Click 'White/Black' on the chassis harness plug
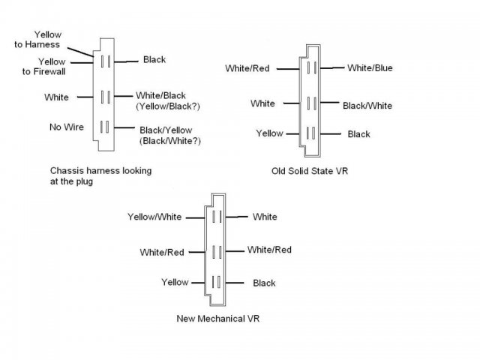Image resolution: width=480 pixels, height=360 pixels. [161, 96]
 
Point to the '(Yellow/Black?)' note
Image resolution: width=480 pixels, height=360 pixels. [166, 107]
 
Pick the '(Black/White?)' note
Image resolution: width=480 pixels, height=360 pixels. [170, 141]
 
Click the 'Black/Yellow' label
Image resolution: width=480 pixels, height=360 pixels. [166, 130]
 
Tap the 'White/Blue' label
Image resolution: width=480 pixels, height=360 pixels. [370, 68]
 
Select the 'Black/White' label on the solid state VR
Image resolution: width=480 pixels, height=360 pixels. [367, 106]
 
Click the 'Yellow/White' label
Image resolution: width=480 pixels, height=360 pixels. [154, 217]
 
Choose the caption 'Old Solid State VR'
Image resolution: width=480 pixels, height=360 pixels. [310, 171]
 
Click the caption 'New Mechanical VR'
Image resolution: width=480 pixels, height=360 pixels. [218, 318]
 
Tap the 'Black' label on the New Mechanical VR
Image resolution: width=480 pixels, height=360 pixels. [264, 283]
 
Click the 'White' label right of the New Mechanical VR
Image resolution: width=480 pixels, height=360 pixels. [265, 217]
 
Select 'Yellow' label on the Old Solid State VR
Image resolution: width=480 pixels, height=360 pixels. [269, 133]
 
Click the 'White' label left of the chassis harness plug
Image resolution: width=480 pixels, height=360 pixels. [57, 97]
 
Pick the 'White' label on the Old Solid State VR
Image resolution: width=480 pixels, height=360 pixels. [262, 103]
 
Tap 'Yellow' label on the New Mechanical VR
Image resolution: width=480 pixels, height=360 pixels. [175, 282]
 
